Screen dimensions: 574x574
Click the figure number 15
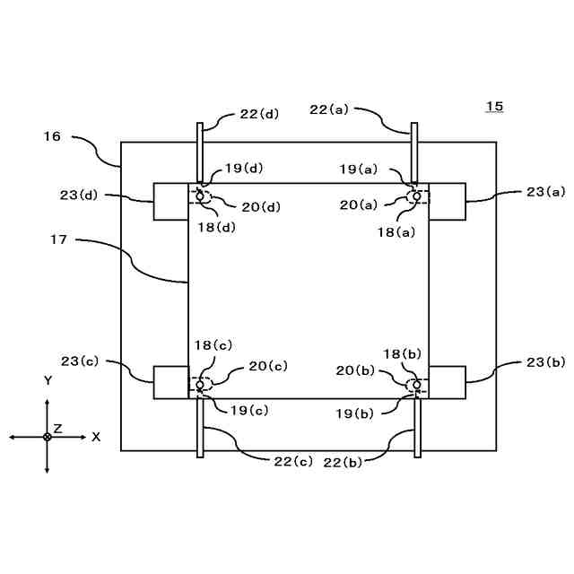coord(494,107)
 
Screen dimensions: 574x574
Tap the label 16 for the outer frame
coord(51,137)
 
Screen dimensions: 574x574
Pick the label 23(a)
coord(546,191)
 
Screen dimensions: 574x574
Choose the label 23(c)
coord(80,361)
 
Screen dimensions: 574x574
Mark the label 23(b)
coord(546,361)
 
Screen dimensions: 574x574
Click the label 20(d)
coord(261,207)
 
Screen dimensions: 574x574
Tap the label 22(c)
coord(292,461)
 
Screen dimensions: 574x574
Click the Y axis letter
coord(48,380)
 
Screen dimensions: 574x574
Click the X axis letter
coord(96,437)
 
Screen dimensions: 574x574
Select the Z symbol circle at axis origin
coord(48,437)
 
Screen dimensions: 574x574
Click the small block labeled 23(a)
coord(448,201)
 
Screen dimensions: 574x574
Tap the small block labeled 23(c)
coord(170,382)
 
